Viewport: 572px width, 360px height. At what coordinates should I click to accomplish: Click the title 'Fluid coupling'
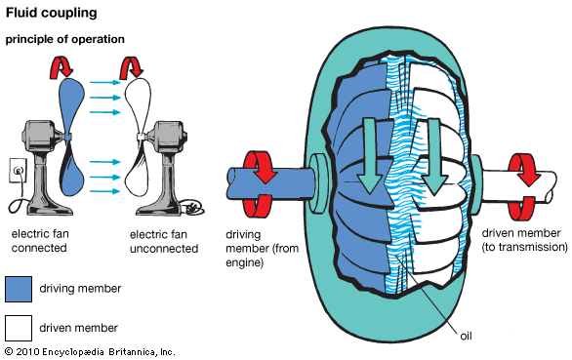pyautogui.click(x=50, y=14)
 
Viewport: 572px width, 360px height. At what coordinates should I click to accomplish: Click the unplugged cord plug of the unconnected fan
pyautogui.click(x=194, y=207)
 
